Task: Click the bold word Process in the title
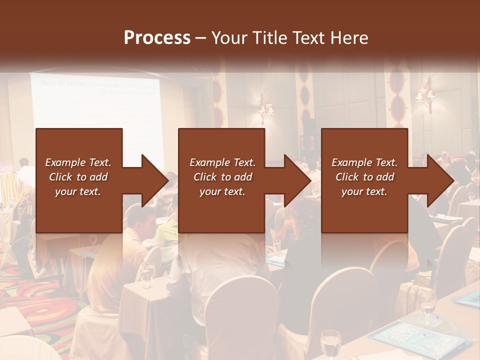coord(157,38)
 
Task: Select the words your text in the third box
coord(364,191)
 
